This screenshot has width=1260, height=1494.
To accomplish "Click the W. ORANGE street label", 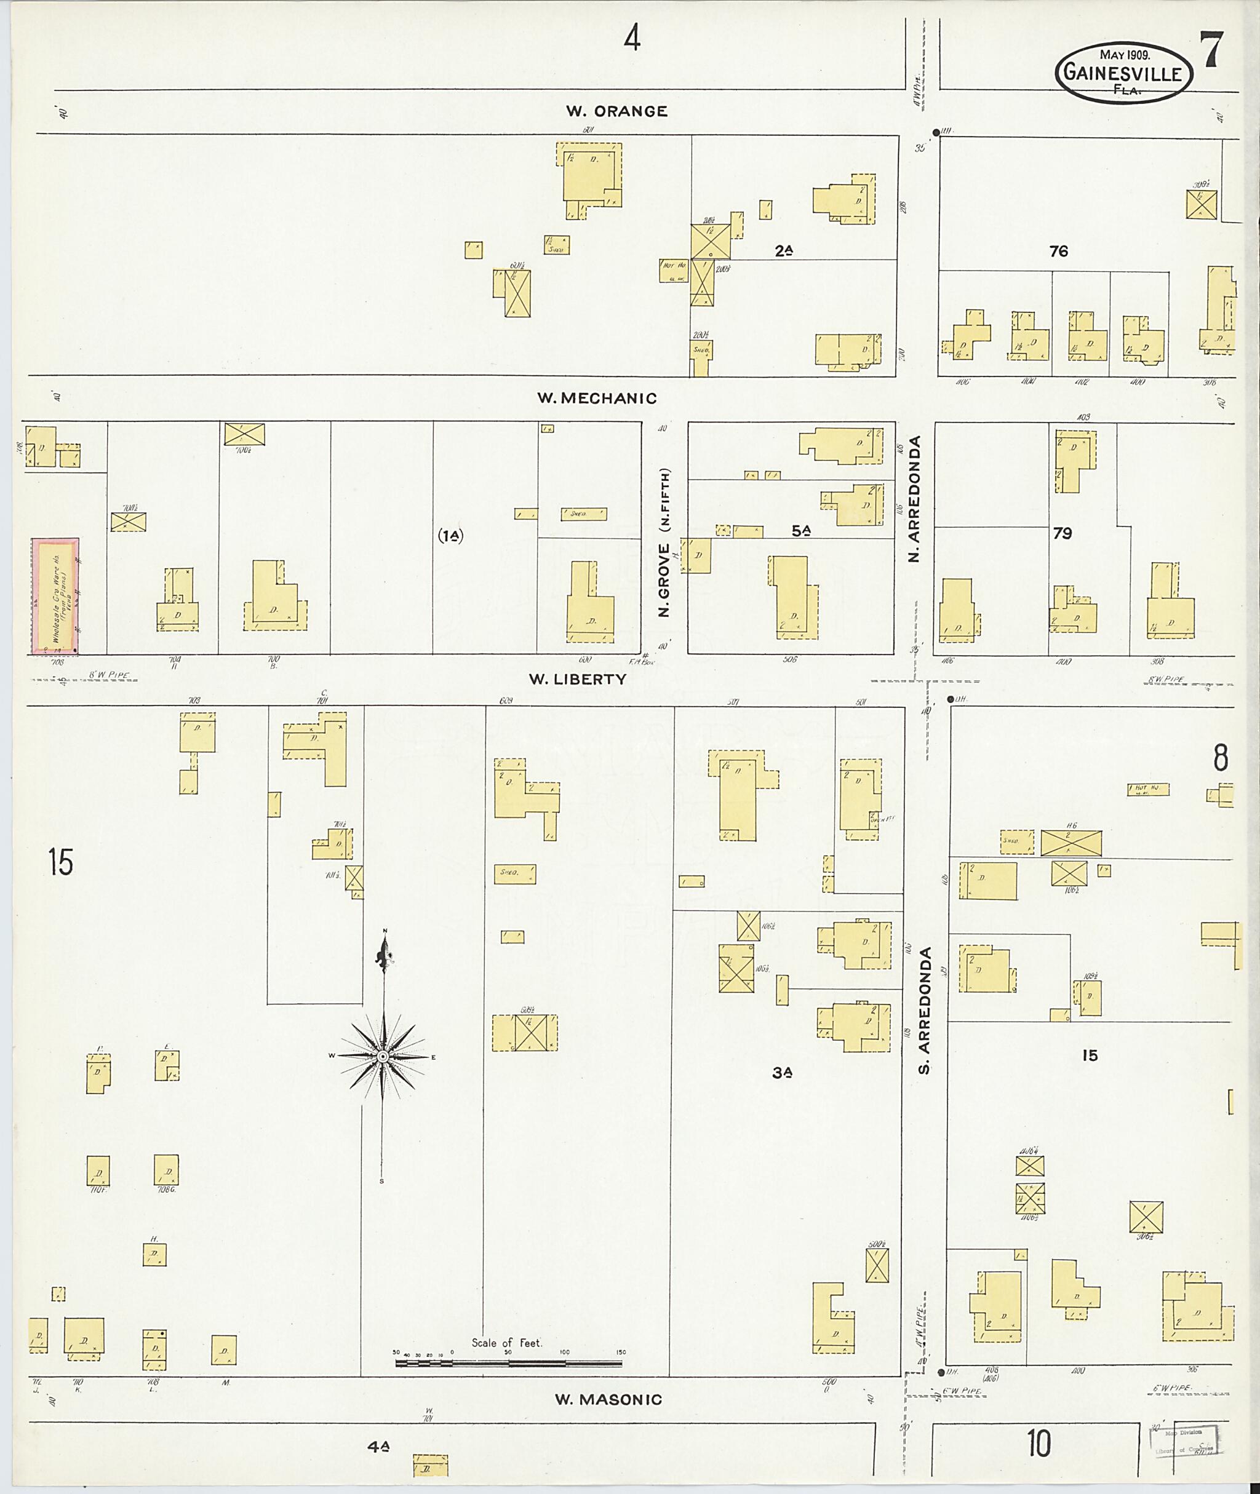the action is tap(616, 111).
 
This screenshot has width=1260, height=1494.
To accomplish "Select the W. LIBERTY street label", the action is tap(577, 679).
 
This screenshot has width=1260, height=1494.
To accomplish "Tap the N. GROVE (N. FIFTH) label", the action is tap(664, 542).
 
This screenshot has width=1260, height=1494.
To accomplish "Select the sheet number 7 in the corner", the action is tap(1213, 52).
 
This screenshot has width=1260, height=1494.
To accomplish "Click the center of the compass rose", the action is tap(383, 1056).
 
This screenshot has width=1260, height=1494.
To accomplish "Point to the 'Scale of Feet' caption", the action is tap(506, 1343).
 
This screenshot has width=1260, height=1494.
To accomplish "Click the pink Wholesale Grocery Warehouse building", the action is tap(54, 597).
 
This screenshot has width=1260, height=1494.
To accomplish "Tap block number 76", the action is tap(1059, 252).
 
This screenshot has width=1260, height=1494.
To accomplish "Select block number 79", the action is tap(1062, 533).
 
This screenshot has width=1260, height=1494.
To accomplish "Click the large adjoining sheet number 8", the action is tap(1221, 758).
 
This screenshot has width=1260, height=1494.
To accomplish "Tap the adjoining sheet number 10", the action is tap(1039, 1445).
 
